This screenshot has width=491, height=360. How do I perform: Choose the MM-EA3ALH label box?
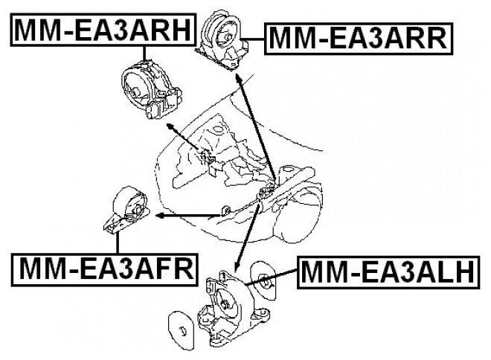click(386, 272)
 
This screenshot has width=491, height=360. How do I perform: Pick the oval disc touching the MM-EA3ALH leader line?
click(264, 282)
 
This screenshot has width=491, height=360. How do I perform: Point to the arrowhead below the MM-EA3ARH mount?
click(173, 129)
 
